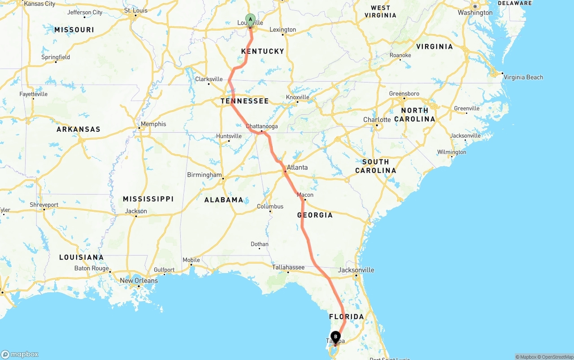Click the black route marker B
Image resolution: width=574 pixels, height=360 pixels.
pyautogui.click(x=335, y=337)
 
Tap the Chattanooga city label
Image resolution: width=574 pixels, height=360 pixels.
pyautogui.click(x=262, y=126)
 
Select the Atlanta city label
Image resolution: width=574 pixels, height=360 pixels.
pyautogui.click(x=297, y=167)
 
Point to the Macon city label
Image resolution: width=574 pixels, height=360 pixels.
pyautogui.click(x=305, y=195)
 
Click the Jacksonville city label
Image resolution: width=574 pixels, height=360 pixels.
pyautogui.click(x=356, y=270)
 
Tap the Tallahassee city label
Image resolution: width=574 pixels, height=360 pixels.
pyautogui.click(x=288, y=267)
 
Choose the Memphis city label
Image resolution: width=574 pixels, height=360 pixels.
pyautogui.click(x=153, y=124)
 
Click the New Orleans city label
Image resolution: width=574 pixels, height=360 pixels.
pyautogui.click(x=139, y=281)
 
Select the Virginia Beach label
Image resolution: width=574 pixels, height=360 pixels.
pyautogui.click(x=523, y=77)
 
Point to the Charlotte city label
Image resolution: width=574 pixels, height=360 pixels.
pyautogui.click(x=377, y=120)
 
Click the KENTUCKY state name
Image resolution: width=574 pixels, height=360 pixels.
pyautogui.click(x=263, y=51)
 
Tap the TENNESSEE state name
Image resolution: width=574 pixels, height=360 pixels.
pyautogui.click(x=244, y=101)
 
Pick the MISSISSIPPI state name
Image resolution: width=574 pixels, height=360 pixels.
pyautogui.click(x=148, y=199)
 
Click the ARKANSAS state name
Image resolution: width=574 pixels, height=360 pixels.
pyautogui.click(x=78, y=129)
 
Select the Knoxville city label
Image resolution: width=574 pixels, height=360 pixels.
pyautogui.click(x=297, y=97)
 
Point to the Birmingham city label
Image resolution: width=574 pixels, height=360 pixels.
pyautogui.click(x=204, y=175)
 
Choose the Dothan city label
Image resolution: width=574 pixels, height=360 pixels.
pyautogui.click(x=260, y=244)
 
